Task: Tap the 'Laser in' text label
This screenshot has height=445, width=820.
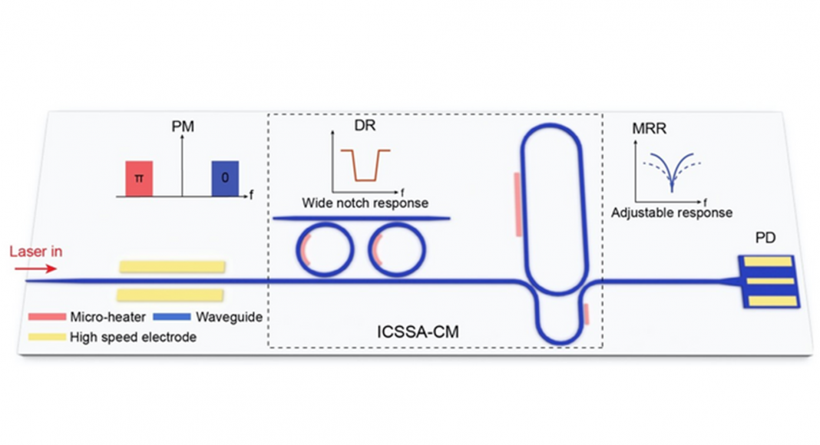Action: pyautogui.click(x=36, y=251)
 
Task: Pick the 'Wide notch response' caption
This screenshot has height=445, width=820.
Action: pyautogui.click(x=365, y=203)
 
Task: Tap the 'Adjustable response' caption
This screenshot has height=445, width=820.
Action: pyautogui.click(x=671, y=213)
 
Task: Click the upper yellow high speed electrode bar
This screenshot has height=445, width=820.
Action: pyautogui.click(x=172, y=266)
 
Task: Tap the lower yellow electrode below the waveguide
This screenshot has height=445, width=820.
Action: pyautogui.click(x=170, y=295)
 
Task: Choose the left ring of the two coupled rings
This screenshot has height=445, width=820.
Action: pyautogui.click(x=326, y=248)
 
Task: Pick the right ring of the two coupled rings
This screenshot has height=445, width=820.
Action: pyautogui.click(x=398, y=248)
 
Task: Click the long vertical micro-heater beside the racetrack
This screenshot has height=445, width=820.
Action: pyautogui.click(x=518, y=203)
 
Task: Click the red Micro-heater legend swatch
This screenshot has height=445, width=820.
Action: pyautogui.click(x=45, y=316)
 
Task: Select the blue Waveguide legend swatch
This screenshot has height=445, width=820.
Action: pyautogui.click(x=171, y=316)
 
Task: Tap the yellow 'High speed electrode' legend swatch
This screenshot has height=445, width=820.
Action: pyautogui.click(x=45, y=336)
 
